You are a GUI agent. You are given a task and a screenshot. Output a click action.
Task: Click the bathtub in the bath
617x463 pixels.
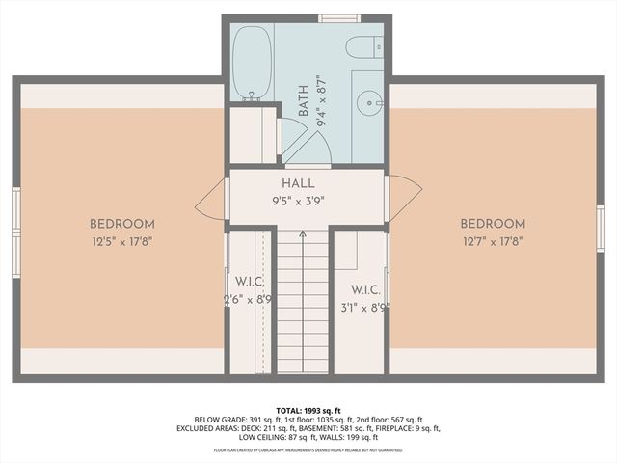pyautogui.click(x=252, y=62)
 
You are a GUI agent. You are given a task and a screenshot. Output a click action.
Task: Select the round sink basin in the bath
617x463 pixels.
pyautogui.click(x=371, y=100)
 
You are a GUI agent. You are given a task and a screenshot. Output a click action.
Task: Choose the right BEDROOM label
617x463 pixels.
pyautogui.click(x=494, y=224)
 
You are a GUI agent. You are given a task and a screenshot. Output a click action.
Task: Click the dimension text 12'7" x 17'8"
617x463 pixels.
pyautogui.click(x=494, y=243)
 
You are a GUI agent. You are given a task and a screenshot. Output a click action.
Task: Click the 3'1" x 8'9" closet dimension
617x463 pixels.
pyautogui.click(x=364, y=308)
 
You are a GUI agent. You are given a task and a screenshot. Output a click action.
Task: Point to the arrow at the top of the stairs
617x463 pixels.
pyautogui.click(x=303, y=234)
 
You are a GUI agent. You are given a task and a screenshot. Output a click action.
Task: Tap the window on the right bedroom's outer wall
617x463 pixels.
pyautogui.click(x=600, y=228)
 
